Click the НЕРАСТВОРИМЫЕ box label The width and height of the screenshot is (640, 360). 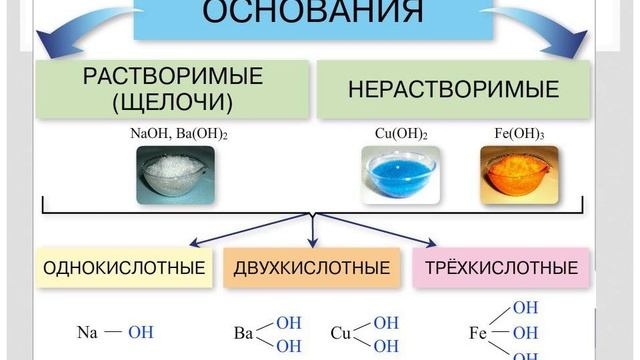tap(453, 89)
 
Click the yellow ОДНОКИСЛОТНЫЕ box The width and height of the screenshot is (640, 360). tap(125, 268)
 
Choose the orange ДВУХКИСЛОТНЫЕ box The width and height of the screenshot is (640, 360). tap(311, 268)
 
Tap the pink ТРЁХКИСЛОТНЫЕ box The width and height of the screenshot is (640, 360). tap(501, 268)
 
